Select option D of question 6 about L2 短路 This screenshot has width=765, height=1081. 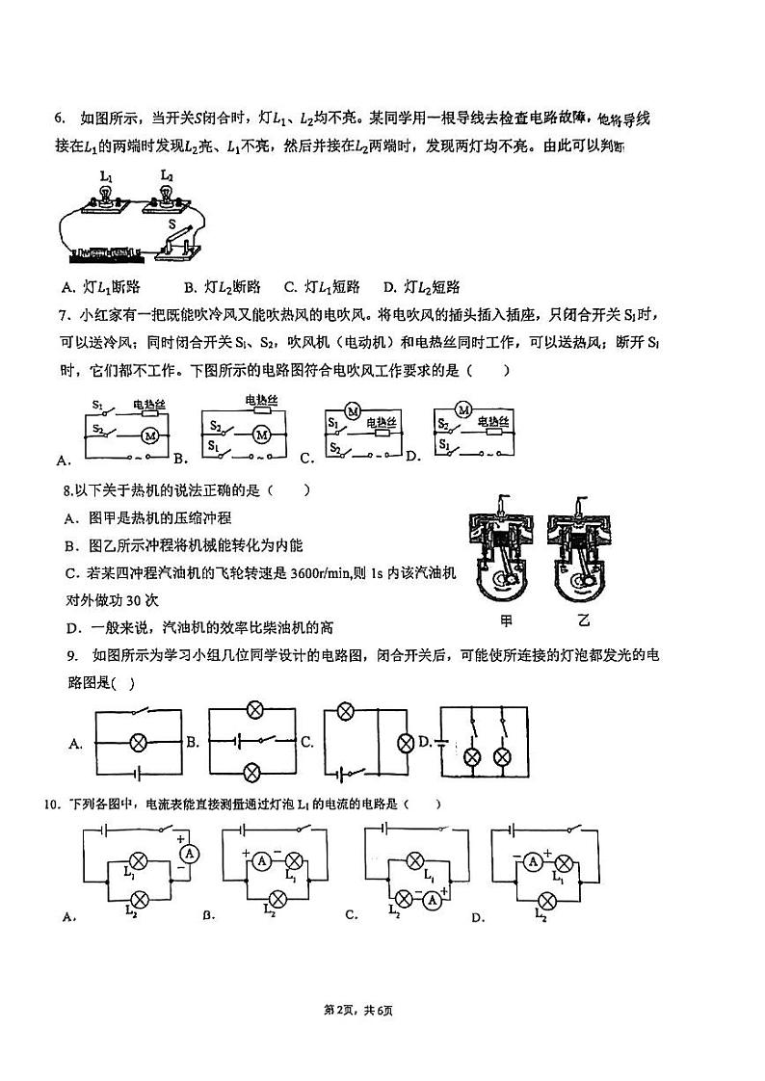pyautogui.click(x=421, y=287)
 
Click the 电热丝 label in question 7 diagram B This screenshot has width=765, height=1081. pyautogui.click(x=261, y=400)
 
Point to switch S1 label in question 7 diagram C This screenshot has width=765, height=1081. pyautogui.click(x=333, y=423)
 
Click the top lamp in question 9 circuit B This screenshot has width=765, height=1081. pyautogui.click(x=254, y=711)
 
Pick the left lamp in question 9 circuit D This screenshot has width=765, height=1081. pyautogui.click(x=472, y=756)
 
